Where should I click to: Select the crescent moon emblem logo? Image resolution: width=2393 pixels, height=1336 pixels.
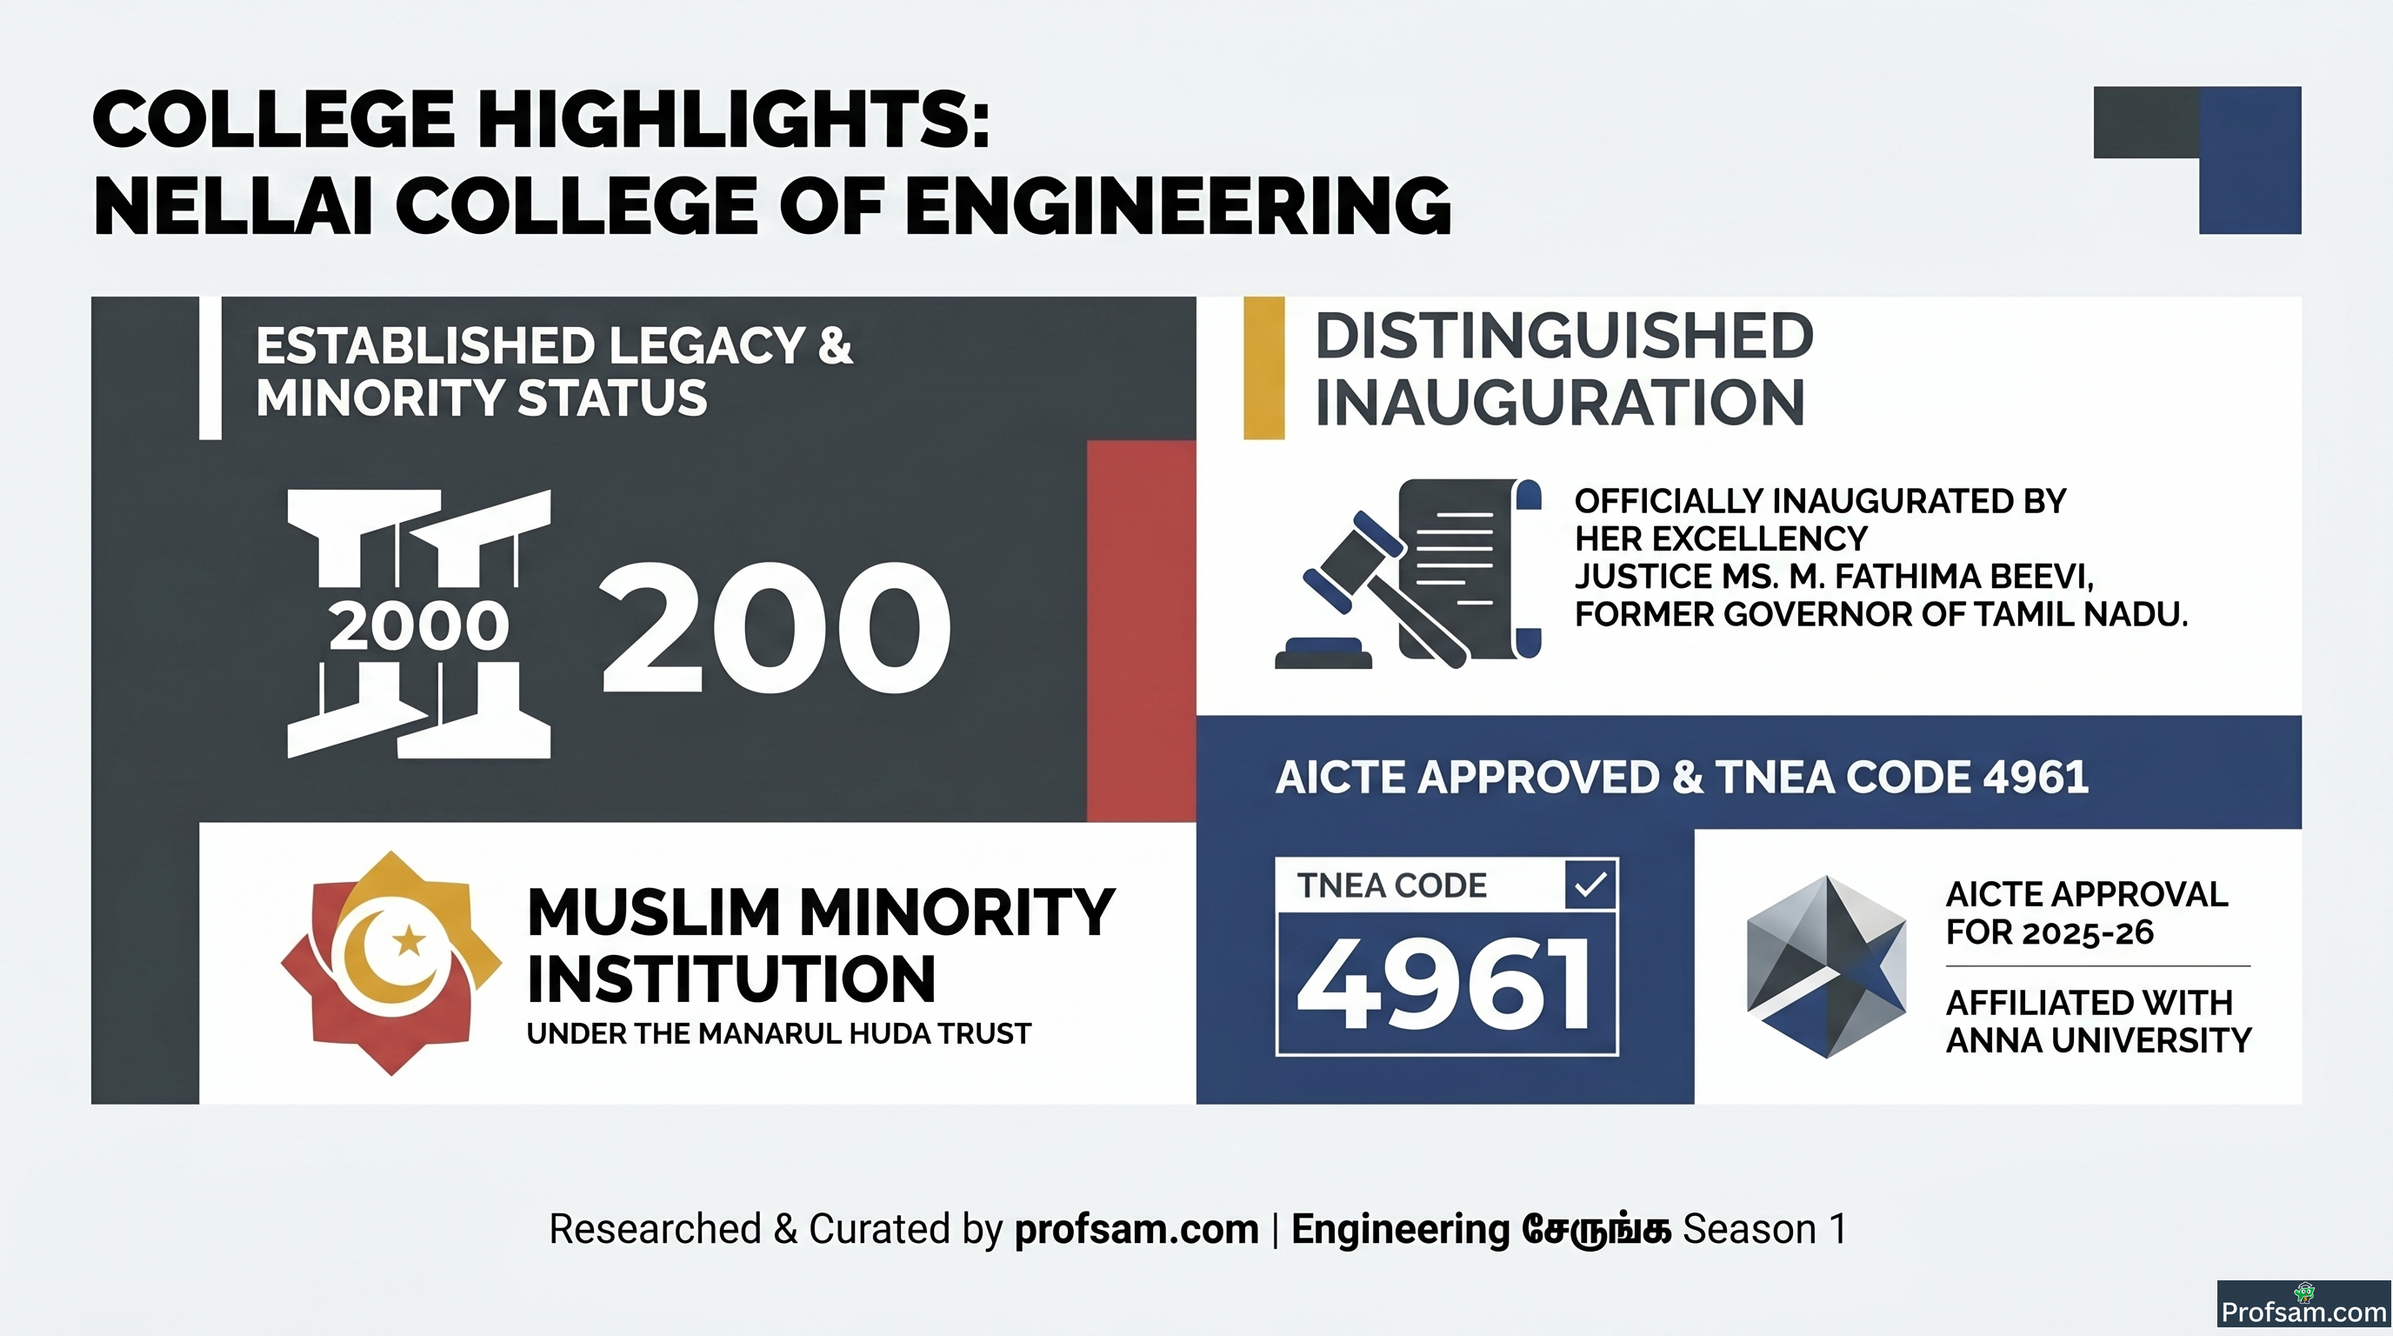391,964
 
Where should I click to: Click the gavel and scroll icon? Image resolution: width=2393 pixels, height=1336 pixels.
1409,573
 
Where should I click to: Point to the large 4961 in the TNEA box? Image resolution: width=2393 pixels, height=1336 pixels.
1443,984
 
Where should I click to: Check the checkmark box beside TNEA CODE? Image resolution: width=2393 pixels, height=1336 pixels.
1591,885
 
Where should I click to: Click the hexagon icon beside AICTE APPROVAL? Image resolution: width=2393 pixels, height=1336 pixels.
1826,966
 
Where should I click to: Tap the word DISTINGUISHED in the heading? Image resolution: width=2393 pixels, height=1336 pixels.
1564,337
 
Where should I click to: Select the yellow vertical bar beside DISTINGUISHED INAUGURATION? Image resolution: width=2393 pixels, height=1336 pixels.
1263,368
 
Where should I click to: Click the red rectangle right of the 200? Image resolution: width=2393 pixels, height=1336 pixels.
1141,631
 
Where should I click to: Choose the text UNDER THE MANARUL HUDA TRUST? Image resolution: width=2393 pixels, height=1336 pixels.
778,1034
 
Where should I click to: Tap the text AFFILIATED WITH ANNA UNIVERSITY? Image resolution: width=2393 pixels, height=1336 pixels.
2098,1021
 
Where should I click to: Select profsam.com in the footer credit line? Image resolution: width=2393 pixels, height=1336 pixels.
1137,1229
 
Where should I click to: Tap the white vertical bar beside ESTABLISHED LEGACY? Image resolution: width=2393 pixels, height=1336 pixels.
210,368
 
